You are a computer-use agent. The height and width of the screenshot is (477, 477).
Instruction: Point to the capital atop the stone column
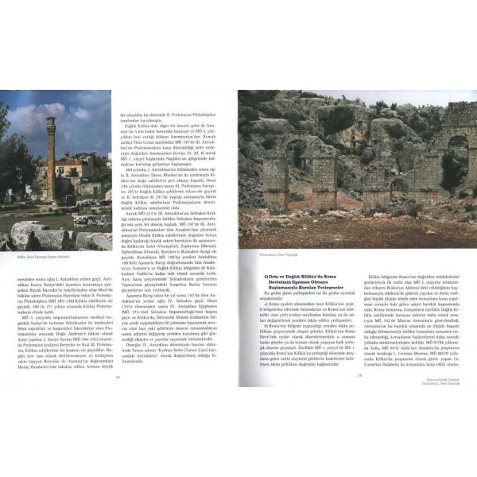coord(49,122)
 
